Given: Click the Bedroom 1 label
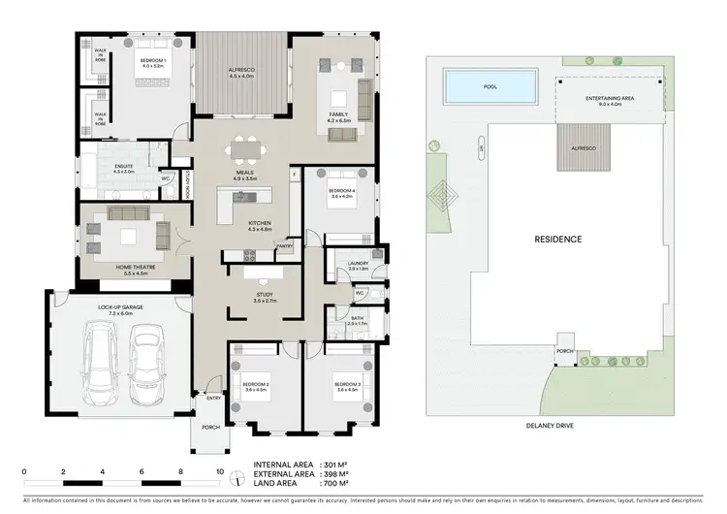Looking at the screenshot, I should (x=151, y=61).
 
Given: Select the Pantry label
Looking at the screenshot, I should (x=284, y=246).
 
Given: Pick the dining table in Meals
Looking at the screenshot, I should (x=244, y=150).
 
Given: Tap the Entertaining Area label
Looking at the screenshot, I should (x=611, y=98).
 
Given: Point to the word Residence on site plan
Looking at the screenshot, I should (x=558, y=239).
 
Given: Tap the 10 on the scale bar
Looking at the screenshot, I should (x=220, y=472).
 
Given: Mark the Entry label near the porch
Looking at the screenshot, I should (x=212, y=398).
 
